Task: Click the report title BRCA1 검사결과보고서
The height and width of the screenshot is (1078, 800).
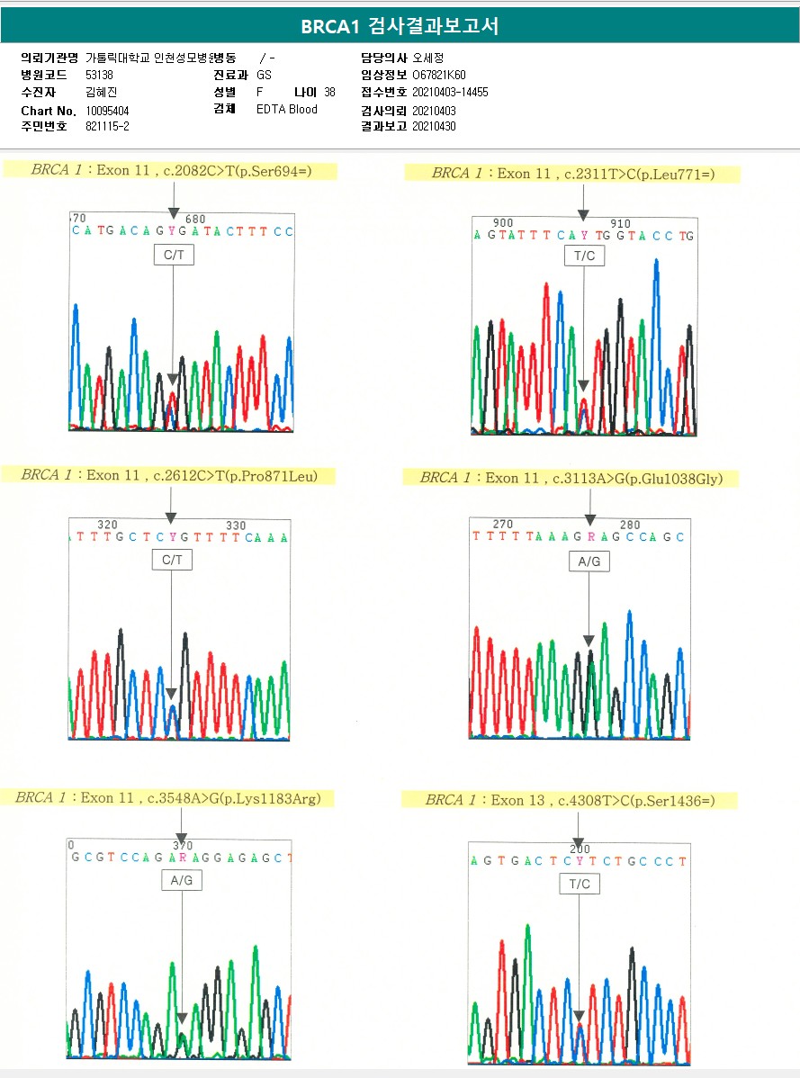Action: (x=400, y=26)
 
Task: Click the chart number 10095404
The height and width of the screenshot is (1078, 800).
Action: (x=107, y=111)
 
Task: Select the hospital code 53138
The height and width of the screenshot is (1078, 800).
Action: (x=99, y=76)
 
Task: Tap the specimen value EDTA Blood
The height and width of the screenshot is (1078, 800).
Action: (x=286, y=110)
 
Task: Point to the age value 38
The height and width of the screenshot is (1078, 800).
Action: (x=329, y=93)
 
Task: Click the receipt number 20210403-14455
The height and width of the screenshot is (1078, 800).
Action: (x=450, y=93)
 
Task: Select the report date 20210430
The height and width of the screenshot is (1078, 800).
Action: (x=434, y=127)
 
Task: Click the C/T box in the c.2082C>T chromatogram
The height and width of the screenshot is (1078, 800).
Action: (x=173, y=256)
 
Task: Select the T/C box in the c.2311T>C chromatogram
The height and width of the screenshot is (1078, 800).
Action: (x=584, y=257)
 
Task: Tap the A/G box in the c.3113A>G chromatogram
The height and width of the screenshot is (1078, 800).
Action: (x=589, y=561)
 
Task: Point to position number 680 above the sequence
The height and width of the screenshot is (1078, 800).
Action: (x=194, y=220)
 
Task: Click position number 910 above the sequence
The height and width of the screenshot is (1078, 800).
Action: (x=620, y=224)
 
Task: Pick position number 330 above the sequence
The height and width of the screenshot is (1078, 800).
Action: (x=236, y=526)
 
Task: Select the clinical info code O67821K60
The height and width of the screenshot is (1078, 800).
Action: (x=439, y=76)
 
